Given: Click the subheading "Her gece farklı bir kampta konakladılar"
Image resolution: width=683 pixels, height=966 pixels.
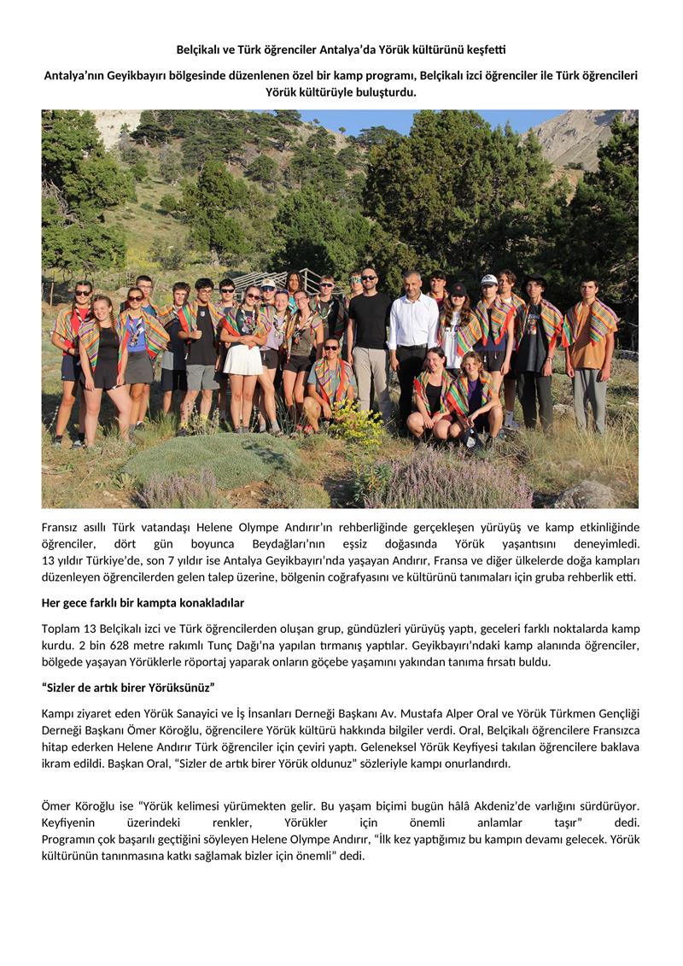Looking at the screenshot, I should pyautogui.click(x=143, y=603).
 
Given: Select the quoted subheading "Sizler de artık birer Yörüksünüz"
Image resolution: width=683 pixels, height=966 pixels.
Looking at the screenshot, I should pyautogui.click(x=128, y=688).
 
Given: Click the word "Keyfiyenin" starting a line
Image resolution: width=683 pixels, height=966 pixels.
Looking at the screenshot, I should pyautogui.click(x=71, y=822).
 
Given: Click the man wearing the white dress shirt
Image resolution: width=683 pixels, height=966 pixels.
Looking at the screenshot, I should pyautogui.click(x=412, y=342).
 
